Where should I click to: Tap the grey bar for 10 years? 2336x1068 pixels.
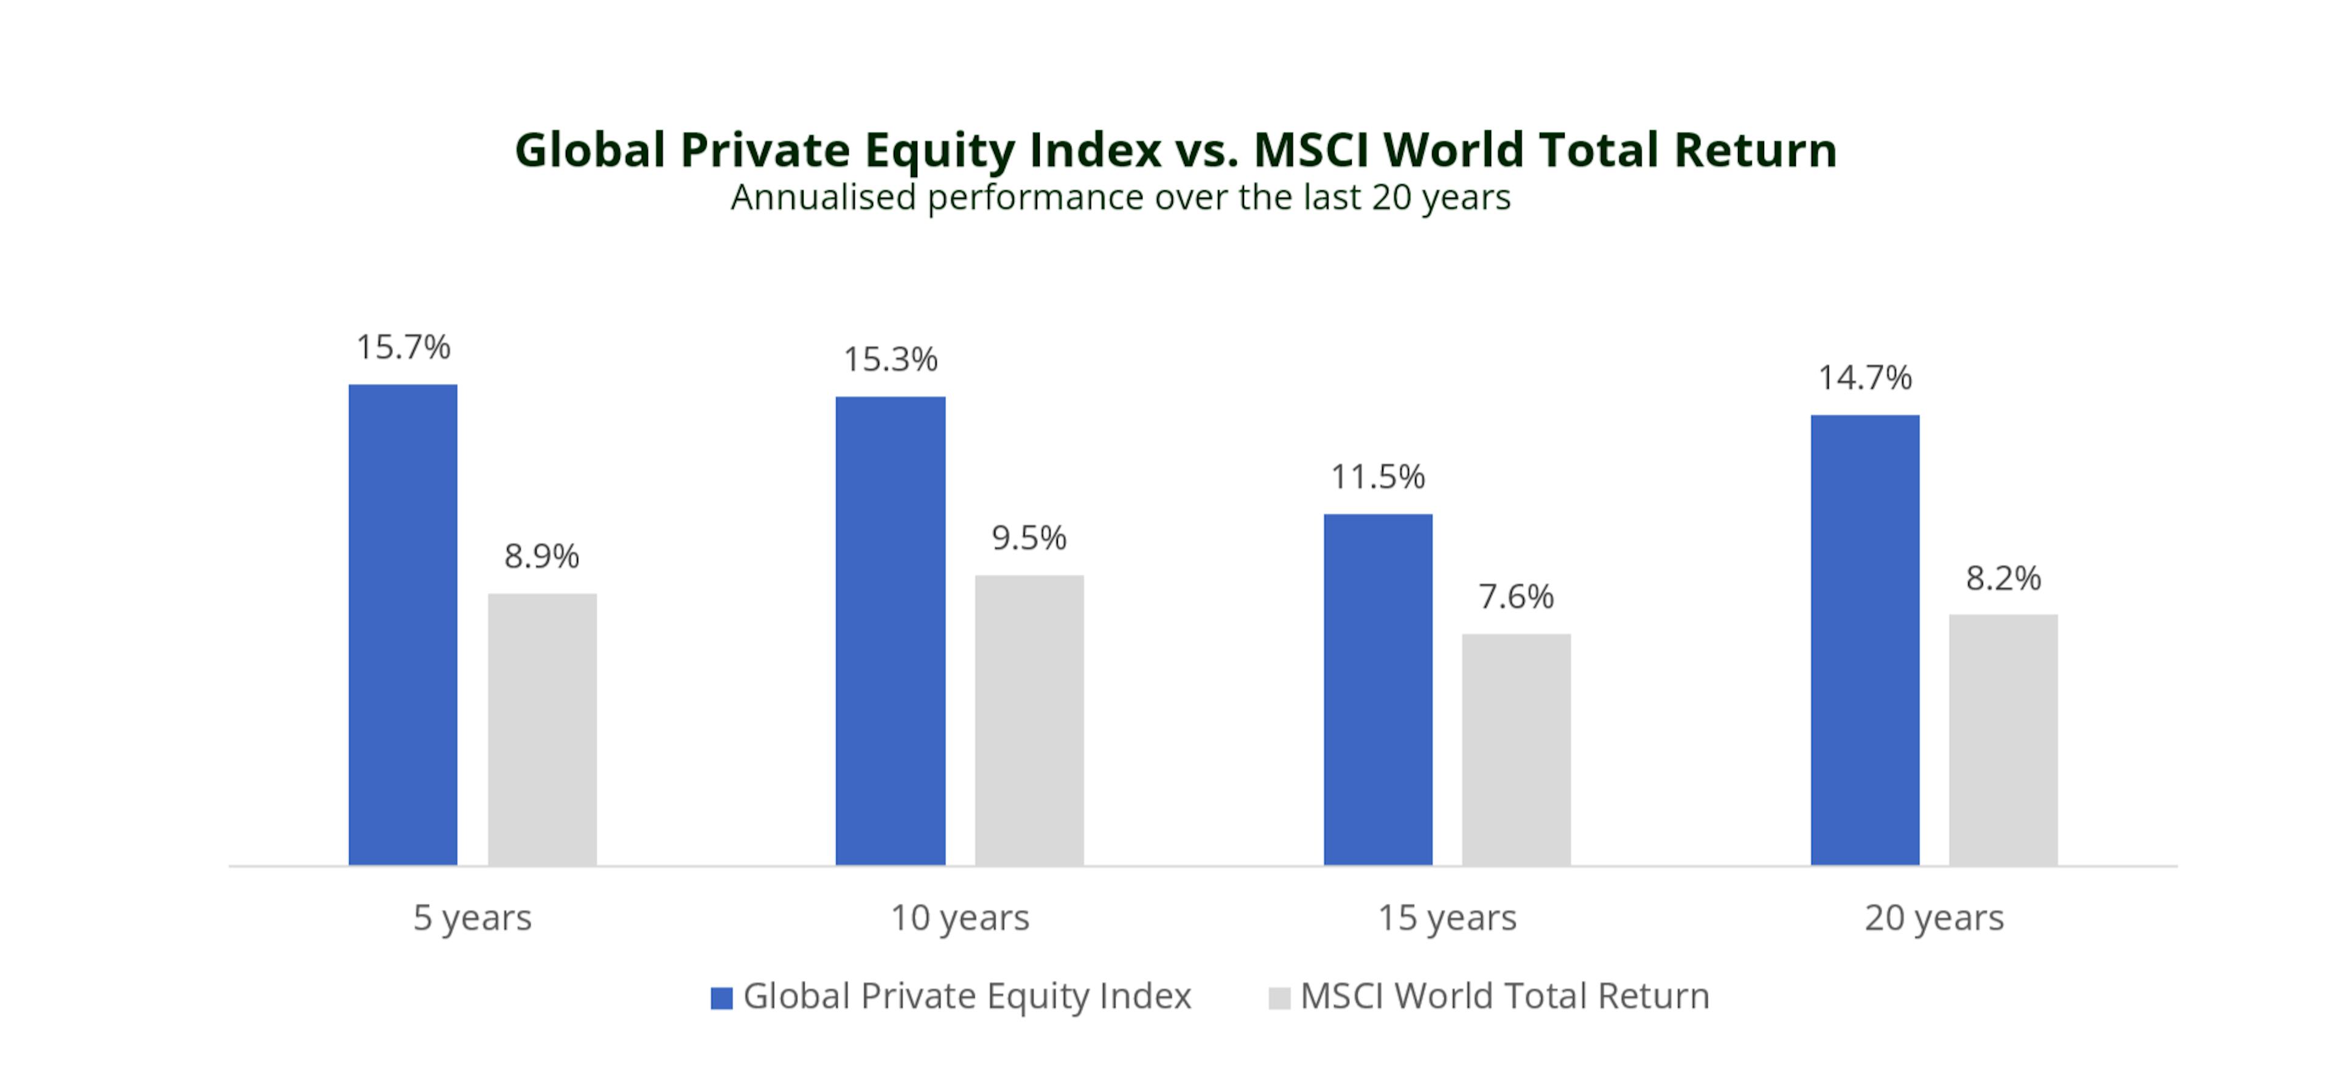click(1029, 720)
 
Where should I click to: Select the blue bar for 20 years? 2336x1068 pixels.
click(1865, 639)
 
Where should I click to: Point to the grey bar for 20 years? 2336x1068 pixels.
click(2003, 739)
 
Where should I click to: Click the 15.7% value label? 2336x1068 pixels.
click(403, 347)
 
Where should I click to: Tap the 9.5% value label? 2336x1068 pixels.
click(1029, 538)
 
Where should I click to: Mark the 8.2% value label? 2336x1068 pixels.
click(2003, 578)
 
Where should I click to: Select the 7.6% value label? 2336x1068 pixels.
click(1516, 597)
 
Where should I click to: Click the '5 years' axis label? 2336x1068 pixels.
click(473, 918)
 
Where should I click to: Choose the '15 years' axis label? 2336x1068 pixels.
click(1447, 918)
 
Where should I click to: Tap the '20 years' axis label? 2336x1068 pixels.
click(1934, 918)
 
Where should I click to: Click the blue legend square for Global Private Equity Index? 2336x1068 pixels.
click(721, 998)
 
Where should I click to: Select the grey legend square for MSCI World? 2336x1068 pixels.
click(1279, 998)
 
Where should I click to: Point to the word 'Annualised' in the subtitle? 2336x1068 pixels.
click(824, 198)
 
